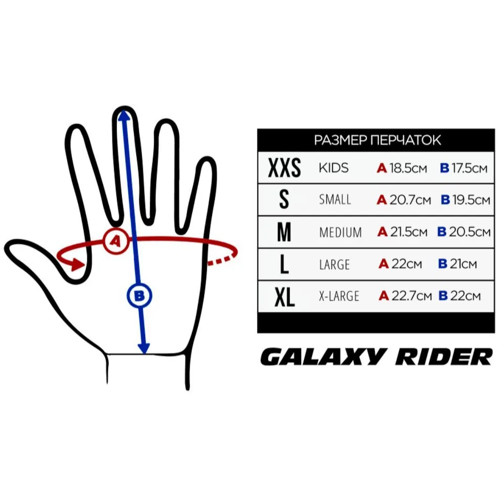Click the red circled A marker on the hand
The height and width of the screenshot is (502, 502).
point(116,241)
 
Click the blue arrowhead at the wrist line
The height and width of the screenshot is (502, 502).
point(143,348)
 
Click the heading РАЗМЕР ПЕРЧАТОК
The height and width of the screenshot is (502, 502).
point(377,140)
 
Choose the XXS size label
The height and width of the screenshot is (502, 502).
point(284,169)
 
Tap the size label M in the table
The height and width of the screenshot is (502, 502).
point(284,232)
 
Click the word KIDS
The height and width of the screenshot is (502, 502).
point(333,169)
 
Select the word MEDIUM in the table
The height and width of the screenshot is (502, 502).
point(340,232)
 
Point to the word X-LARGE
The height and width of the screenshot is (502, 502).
point(339,297)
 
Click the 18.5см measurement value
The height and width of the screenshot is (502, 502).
point(408,169)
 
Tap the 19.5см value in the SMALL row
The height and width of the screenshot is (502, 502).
point(471,200)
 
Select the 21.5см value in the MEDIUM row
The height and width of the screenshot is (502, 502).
point(409,232)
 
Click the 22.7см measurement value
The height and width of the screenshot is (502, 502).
point(411,296)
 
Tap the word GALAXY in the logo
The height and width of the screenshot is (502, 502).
point(318,357)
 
